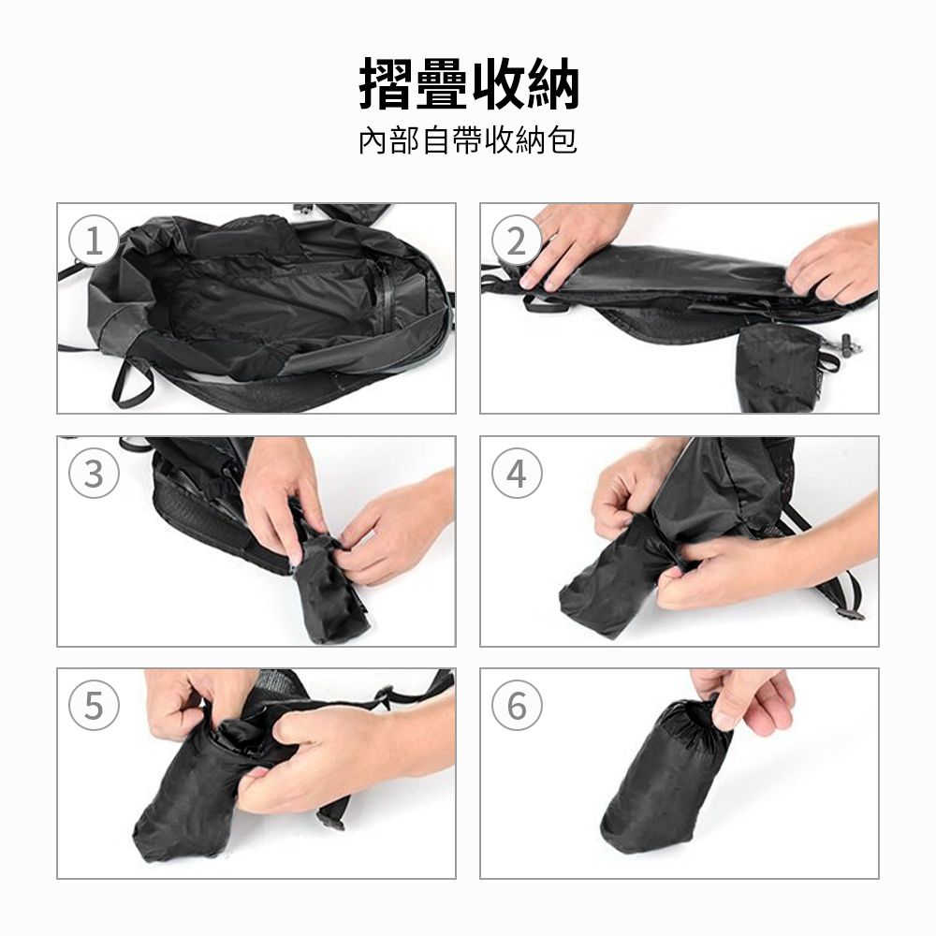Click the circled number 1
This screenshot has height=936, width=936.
pos(94,241)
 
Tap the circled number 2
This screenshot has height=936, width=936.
pos(517,241)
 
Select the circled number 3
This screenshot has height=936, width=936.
pos(94,474)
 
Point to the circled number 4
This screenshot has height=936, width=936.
pos(517,474)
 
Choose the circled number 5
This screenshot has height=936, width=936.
pos(94,705)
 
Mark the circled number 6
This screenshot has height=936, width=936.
pos(517,705)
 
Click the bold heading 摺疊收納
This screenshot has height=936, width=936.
pos(469,84)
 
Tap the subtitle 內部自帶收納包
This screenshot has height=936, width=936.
pos(468,141)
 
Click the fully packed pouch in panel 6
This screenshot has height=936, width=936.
pos(665,774)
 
